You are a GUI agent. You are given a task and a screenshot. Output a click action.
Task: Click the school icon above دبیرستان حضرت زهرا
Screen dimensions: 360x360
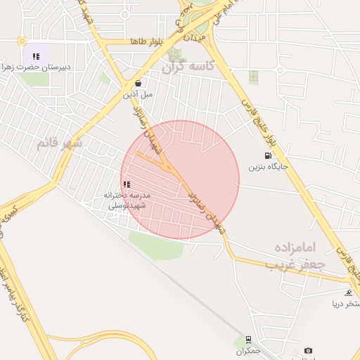(x=35, y=56)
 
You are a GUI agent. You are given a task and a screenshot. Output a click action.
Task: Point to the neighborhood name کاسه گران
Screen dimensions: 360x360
(x=187, y=67)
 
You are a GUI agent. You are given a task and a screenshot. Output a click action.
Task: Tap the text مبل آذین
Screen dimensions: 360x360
(x=139, y=93)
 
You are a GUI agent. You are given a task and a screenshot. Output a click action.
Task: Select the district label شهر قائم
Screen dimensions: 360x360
(x=60, y=143)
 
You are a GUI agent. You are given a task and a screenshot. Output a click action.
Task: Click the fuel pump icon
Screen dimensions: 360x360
(x=267, y=156)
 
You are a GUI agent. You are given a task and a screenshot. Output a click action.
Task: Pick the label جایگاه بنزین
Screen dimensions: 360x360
(x=268, y=167)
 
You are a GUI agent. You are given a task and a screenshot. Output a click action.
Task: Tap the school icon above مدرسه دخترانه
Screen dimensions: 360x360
(x=127, y=184)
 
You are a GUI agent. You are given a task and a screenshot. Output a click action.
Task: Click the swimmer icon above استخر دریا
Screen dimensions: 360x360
(x=348, y=292)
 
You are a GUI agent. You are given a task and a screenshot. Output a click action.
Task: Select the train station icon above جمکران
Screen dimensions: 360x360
(x=248, y=339)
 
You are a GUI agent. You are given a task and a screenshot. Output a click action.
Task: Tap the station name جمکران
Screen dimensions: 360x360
(x=248, y=349)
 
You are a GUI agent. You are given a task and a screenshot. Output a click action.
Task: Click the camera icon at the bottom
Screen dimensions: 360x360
(x=308, y=350)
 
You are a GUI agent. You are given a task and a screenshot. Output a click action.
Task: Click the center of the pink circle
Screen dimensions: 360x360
(x=180, y=180)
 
